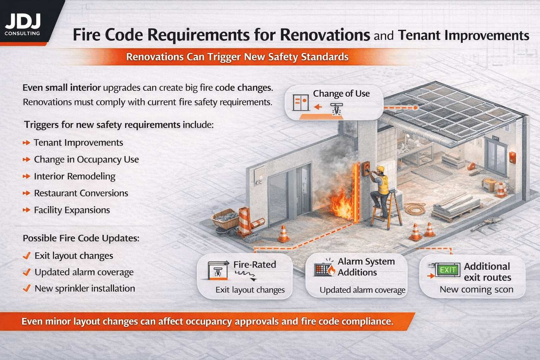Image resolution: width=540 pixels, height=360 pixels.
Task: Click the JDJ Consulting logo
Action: (23, 25)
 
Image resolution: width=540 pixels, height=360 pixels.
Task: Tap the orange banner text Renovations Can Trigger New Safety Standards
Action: (237, 57)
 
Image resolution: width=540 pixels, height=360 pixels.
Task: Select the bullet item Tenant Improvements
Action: (78, 143)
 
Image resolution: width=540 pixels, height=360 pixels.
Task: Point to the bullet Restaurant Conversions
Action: (81, 193)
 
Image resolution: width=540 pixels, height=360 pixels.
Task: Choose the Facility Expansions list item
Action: (72, 210)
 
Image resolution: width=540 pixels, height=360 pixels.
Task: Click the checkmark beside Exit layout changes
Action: (26, 256)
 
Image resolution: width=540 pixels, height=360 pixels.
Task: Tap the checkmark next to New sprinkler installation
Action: (26, 289)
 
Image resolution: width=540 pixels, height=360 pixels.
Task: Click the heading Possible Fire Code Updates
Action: (81, 238)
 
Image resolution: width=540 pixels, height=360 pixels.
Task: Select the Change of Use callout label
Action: (341, 94)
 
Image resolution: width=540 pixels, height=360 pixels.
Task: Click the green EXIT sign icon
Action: (448, 270)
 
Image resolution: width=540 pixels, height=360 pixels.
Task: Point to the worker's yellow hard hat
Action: (380, 169)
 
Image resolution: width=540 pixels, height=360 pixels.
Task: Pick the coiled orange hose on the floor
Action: (415, 208)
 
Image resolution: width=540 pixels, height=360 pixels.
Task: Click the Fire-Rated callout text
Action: (255, 264)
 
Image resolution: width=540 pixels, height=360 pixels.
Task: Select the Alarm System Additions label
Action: (366, 267)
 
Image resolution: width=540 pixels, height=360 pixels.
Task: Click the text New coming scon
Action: (476, 290)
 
